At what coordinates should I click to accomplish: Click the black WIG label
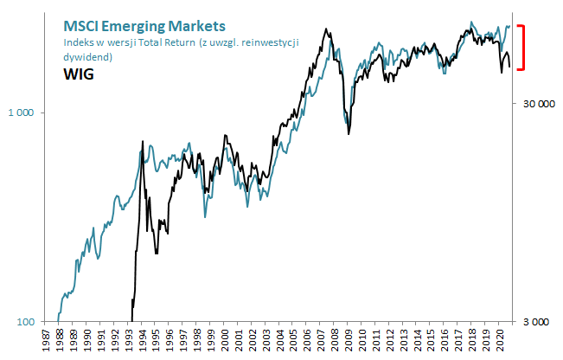(x=79, y=74)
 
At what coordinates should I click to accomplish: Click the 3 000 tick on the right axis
(x=537, y=322)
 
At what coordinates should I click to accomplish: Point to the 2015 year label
(x=428, y=342)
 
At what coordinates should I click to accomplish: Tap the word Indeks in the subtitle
(x=77, y=42)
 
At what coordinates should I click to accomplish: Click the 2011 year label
(x=374, y=342)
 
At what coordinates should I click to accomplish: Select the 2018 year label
(x=469, y=342)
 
